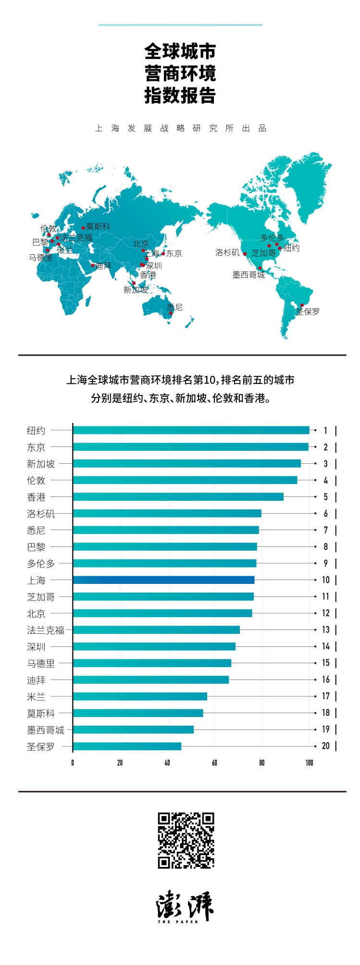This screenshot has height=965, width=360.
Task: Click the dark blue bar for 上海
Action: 163,580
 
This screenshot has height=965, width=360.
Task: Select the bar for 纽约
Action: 191,430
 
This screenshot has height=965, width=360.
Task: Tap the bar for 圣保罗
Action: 127,746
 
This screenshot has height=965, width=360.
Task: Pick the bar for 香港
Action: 178,497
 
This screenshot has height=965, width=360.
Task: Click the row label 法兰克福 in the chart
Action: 45,630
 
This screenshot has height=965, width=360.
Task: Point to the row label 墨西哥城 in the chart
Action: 45,730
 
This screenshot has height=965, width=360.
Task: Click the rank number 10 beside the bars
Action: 325,580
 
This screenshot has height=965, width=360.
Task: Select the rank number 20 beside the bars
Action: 325,746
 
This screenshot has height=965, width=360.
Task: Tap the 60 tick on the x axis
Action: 214,763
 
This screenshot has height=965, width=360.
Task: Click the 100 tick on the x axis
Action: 309,763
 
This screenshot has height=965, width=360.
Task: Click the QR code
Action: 186,841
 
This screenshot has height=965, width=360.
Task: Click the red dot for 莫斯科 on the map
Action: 83,228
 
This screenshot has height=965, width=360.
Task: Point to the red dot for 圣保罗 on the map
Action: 302,305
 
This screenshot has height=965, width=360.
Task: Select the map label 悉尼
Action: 175,307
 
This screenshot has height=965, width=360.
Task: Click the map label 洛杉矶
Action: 227,252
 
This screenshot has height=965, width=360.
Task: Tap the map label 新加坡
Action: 136,290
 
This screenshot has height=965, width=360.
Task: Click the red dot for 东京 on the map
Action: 163,253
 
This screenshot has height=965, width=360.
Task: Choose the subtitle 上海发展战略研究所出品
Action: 180,128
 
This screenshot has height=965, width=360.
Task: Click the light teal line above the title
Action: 180,25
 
